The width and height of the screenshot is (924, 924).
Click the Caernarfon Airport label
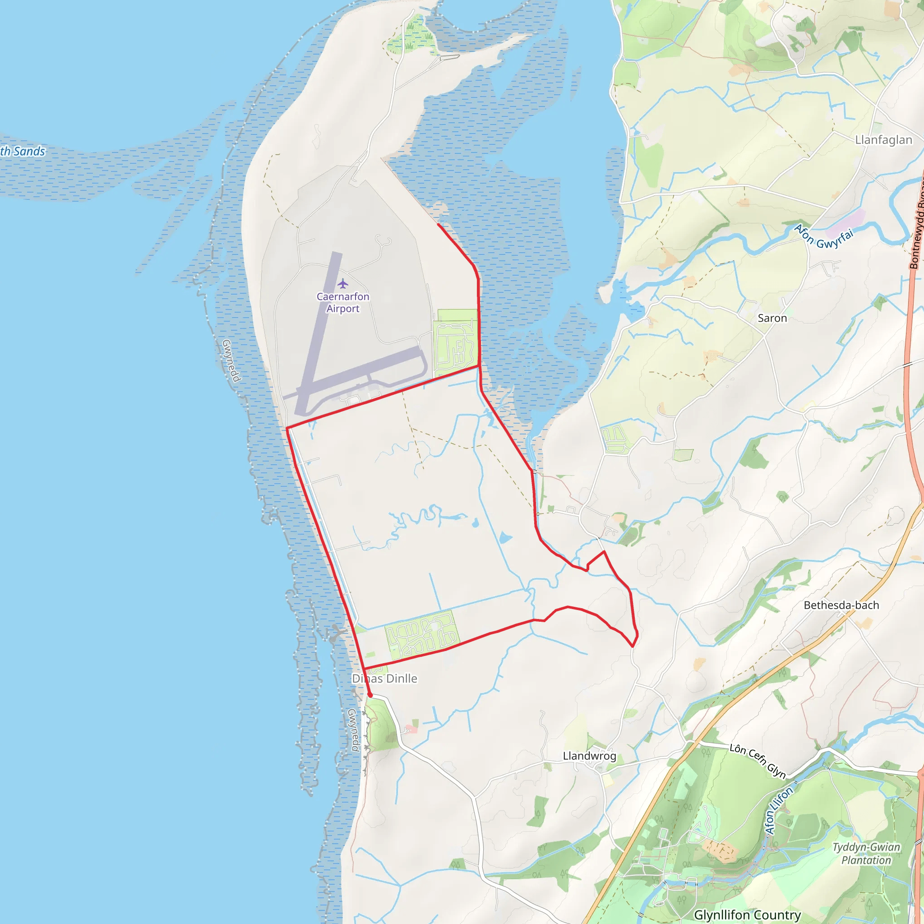342,302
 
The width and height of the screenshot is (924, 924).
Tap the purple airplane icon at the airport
342,284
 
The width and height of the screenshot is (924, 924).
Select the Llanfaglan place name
883,140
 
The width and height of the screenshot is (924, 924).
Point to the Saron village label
772,319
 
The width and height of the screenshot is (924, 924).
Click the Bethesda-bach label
841,605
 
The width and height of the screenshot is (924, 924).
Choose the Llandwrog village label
589,756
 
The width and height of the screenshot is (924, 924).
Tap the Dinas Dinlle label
384,679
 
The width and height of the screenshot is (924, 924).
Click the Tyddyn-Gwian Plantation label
866,854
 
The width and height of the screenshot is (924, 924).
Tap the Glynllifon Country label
747,915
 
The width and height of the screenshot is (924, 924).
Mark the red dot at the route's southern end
370,695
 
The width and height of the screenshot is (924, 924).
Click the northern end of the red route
438,224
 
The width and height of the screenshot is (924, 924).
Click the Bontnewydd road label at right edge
916,234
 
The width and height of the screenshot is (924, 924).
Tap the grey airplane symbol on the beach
337,634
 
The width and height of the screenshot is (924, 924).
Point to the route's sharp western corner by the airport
287,428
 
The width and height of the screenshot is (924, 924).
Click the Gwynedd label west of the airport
231,360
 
